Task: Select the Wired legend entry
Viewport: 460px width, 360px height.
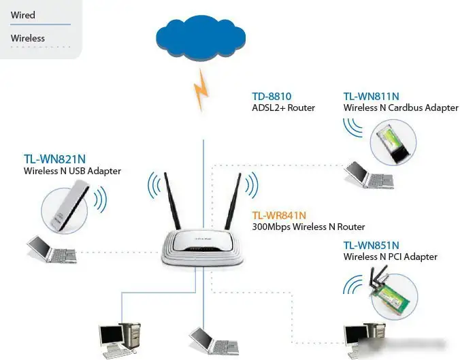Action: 23,15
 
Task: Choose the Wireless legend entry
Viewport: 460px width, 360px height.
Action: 28,38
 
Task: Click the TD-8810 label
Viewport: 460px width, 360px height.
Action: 272,97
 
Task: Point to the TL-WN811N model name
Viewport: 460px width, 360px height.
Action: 372,97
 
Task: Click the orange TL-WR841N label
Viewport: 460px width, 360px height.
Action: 279,216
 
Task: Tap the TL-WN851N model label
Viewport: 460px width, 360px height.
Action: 371,245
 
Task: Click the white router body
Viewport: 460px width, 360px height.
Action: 202,246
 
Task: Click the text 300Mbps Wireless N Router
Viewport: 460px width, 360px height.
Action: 308,227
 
